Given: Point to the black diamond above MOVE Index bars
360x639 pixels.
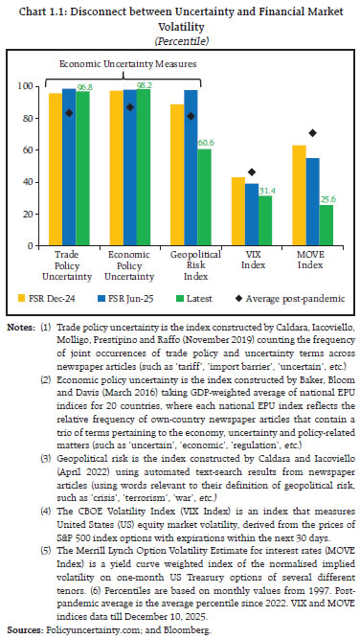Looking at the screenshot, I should click(x=285, y=132).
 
